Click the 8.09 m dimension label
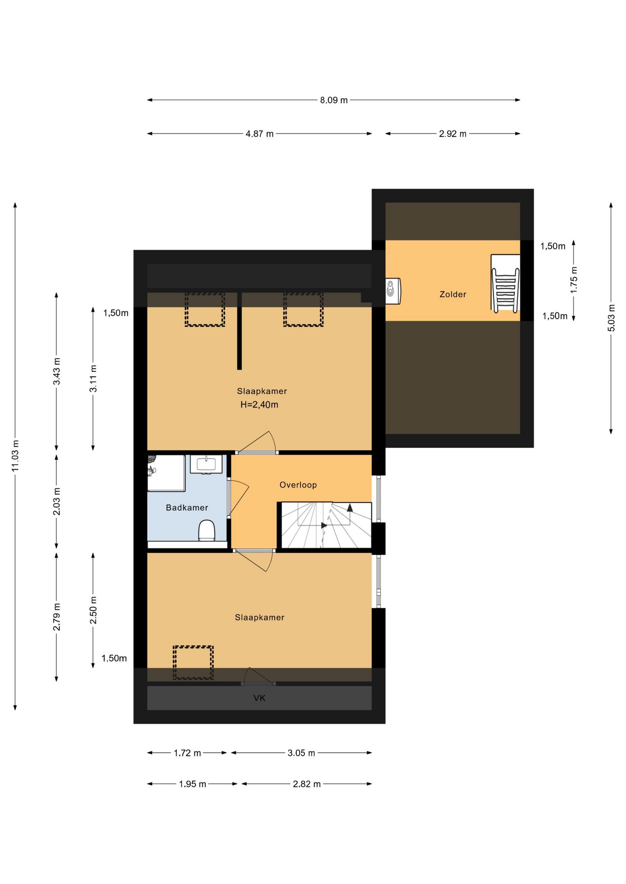pyautogui.click(x=334, y=100)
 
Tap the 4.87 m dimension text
pyautogui.click(x=260, y=134)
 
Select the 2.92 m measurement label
pyautogui.click(x=453, y=134)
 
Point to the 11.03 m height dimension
pyautogui.click(x=15, y=455)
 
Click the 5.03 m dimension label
pyautogui.click(x=611, y=318)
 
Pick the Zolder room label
pyautogui.click(x=453, y=294)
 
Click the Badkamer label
pyautogui.click(x=187, y=507)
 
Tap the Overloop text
pyautogui.click(x=298, y=485)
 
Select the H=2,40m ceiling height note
pyautogui.click(x=260, y=405)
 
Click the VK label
pyautogui.click(x=260, y=698)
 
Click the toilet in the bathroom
pyautogui.click(x=207, y=531)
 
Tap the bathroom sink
pyautogui.click(x=206, y=464)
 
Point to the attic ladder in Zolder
pyautogui.click(x=505, y=284)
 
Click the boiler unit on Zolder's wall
pyautogui.click(x=393, y=291)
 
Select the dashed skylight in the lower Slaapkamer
pyautogui.click(x=193, y=663)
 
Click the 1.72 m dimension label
pyautogui.click(x=187, y=753)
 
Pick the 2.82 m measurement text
pyautogui.click(x=307, y=784)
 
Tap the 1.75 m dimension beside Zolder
pyautogui.click(x=574, y=280)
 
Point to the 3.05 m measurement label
pyautogui.click(x=301, y=753)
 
